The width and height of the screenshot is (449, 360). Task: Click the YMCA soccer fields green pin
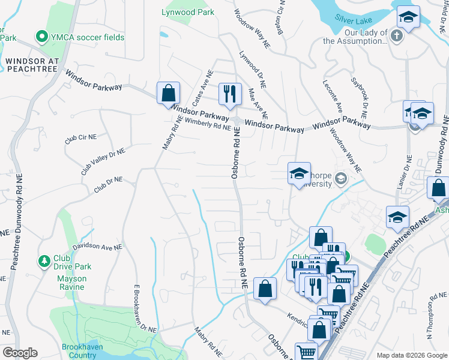(42, 37)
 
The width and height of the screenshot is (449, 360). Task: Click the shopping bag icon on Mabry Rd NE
(169, 93)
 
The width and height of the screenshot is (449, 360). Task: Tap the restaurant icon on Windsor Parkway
(229, 93)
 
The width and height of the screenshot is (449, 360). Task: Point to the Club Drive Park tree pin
(44, 261)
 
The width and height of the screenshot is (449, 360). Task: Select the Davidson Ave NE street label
(97, 247)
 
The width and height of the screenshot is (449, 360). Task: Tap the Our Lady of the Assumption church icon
(396, 36)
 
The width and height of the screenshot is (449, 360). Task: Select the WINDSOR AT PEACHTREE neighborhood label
(31, 65)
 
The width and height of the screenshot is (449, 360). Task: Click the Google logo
(20, 353)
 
